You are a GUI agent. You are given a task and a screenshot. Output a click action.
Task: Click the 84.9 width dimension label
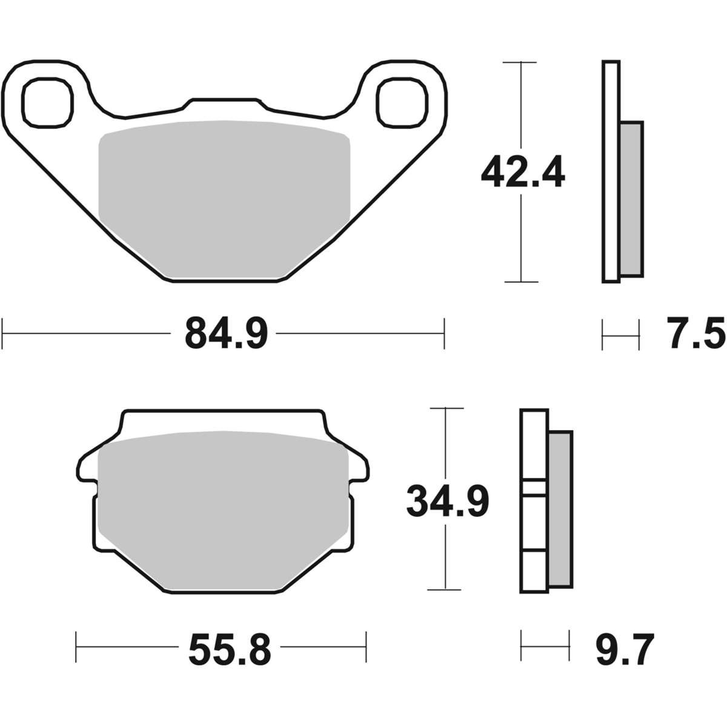pyautogui.click(x=227, y=334)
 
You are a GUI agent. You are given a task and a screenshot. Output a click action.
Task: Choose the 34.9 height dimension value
pyautogui.click(x=448, y=502)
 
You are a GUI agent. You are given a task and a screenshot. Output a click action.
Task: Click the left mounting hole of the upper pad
pyautogui.click(x=47, y=102)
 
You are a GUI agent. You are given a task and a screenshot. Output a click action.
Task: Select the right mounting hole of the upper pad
pyautogui.click(x=402, y=102)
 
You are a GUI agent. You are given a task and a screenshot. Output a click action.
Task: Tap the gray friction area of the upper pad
pyautogui.click(x=224, y=200)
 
